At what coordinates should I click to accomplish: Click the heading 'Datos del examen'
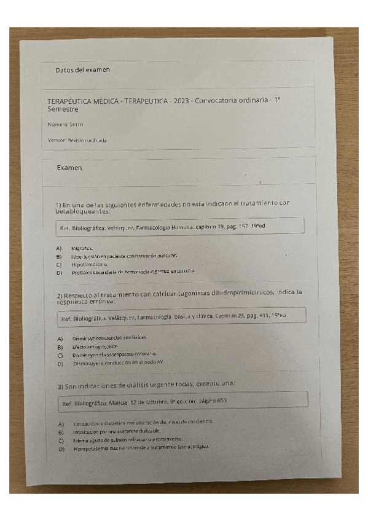pos(82,69)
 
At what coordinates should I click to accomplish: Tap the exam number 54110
pos(76,125)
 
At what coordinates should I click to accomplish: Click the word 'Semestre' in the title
pos(63,109)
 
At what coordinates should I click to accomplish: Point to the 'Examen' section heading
pos(69,167)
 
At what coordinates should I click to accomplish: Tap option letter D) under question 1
pos(60,272)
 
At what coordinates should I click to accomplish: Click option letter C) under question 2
pos(61,355)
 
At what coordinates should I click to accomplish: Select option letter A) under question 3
pos(61,424)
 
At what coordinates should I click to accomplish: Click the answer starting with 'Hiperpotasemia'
pos(141,448)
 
